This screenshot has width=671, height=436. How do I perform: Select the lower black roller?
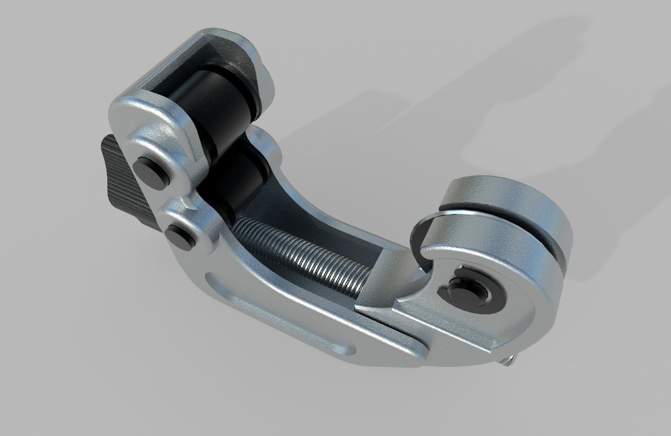point(233,179)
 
